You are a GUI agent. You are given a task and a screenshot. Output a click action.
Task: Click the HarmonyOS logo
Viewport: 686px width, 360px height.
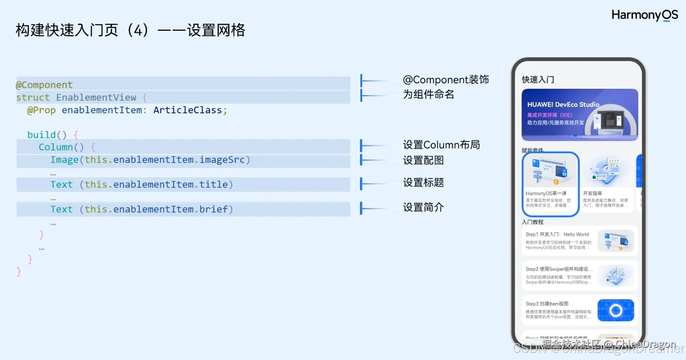645,15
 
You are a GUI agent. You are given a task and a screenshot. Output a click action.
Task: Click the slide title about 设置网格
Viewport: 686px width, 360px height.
130,30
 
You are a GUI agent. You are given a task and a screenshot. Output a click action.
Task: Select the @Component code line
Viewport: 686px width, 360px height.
44,85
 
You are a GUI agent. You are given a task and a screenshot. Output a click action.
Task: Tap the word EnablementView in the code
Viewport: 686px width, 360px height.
96,97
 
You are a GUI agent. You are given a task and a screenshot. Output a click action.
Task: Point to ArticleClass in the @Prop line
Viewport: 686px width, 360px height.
187,110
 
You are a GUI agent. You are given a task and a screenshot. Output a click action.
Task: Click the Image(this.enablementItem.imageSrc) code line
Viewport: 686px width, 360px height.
150,160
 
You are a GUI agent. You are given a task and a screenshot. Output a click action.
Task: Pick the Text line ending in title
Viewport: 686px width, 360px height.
141,184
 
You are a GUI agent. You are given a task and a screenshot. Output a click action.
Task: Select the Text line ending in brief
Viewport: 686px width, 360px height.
141,209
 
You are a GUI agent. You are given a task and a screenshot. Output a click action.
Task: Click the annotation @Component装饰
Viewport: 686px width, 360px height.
446,80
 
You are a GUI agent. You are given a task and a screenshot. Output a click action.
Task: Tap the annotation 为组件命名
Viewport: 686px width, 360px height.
428,94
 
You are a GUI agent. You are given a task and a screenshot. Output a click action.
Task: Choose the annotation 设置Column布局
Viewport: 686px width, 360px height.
441,145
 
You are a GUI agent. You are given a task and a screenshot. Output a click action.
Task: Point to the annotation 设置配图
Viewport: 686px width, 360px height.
423,160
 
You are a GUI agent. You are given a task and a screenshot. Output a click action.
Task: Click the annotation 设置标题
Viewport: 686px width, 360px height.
423,182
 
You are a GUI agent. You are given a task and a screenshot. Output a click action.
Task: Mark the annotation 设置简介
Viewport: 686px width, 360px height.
423,207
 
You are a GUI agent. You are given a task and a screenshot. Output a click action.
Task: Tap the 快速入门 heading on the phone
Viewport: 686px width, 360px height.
538,80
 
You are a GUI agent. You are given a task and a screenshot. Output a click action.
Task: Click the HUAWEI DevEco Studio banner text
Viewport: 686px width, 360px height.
563,105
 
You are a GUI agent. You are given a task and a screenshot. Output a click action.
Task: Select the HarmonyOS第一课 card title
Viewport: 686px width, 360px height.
546,193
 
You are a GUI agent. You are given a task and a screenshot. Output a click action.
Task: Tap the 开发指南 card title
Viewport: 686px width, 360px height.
592,193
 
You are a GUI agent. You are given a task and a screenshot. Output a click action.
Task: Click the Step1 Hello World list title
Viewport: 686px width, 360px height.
557,234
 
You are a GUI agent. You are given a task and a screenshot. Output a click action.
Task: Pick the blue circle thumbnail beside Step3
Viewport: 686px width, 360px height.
615,310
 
